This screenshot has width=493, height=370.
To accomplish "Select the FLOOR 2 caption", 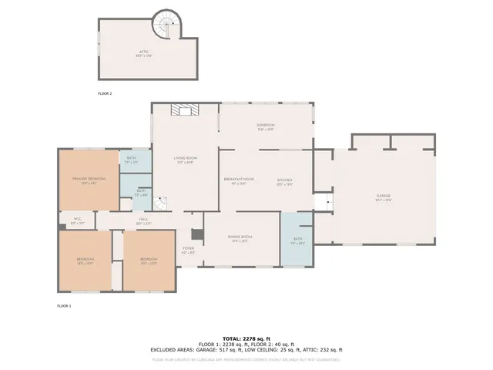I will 105,93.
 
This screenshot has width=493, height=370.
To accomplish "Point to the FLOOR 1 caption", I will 64,306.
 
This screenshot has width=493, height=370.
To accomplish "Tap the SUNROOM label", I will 266,126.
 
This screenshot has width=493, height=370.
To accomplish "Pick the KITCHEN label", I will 285,180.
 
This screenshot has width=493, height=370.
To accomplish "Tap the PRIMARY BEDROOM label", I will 89,180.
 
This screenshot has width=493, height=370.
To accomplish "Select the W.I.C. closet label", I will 79,220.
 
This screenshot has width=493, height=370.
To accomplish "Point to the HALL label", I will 143,220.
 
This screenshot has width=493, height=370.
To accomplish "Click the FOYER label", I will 188,250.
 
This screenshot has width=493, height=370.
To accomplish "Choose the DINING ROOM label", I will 240,238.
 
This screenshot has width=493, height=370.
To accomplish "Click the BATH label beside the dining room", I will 297,240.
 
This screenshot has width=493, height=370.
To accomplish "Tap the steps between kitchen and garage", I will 325,203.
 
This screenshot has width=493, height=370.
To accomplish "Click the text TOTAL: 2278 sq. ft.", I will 246,338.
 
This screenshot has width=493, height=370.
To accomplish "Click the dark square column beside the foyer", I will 196,234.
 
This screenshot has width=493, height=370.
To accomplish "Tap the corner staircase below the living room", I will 159,203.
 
